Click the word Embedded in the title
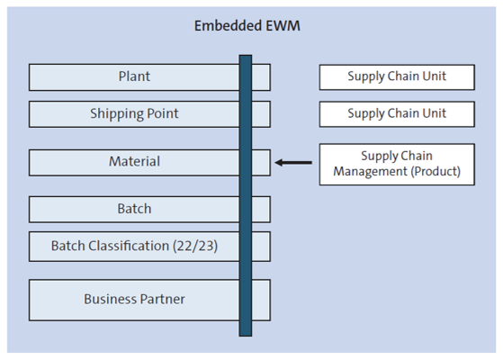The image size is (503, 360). [225, 26]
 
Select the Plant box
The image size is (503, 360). [134, 77]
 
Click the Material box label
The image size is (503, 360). [134, 162]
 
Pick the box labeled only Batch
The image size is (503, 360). [134, 209]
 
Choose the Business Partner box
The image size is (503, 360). [134, 299]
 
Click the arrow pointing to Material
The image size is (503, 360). [293, 163]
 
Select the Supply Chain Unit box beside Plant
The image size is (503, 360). [397, 76]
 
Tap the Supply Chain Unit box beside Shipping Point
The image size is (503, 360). [397, 114]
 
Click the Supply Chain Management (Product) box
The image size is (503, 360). [397, 164]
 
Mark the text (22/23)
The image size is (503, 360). [194, 246]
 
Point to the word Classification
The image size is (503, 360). [127, 246]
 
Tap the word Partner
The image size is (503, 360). [163, 299]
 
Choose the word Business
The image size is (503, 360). [111, 299]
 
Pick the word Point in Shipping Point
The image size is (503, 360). [161, 114]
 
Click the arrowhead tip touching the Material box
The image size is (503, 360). [276, 163]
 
